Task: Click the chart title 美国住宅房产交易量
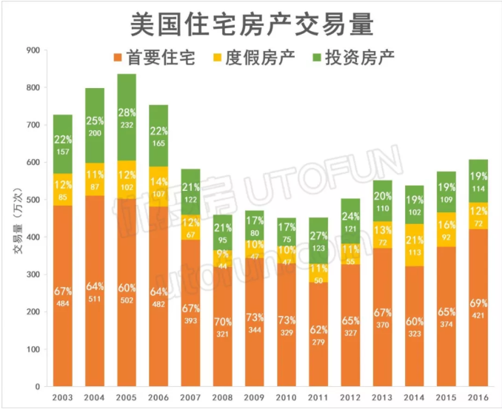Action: (251, 24)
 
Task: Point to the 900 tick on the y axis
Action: (32, 50)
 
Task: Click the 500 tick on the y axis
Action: (32, 200)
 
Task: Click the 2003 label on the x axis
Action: (62, 399)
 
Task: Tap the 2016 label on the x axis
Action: (478, 399)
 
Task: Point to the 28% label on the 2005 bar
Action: (127, 112)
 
